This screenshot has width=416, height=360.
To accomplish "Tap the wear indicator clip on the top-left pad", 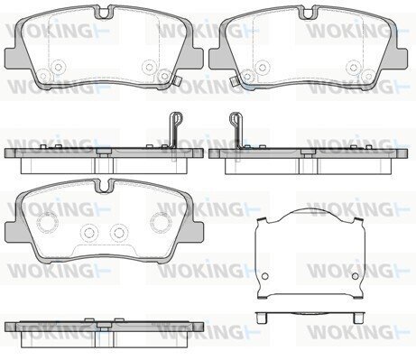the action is click(177, 81).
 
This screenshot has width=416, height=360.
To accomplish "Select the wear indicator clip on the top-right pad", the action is click(233, 81).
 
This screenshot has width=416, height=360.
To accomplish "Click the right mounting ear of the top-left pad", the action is click(195, 57).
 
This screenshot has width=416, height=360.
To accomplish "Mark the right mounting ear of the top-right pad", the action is click(398, 58).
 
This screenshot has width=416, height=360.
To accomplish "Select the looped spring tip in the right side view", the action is click(236, 118).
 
